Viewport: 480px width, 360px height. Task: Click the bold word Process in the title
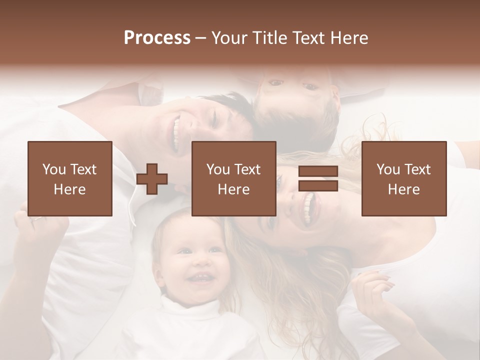click(x=157, y=38)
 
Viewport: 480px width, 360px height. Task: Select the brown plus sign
click(x=152, y=178)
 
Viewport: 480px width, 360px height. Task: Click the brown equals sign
click(x=318, y=178)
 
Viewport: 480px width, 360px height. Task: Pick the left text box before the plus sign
click(x=69, y=178)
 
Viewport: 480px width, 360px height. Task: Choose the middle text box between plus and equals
click(x=233, y=178)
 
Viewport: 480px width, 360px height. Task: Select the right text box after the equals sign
click(x=403, y=178)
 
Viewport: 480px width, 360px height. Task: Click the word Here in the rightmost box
click(x=403, y=189)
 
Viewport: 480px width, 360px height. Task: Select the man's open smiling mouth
click(x=176, y=132)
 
